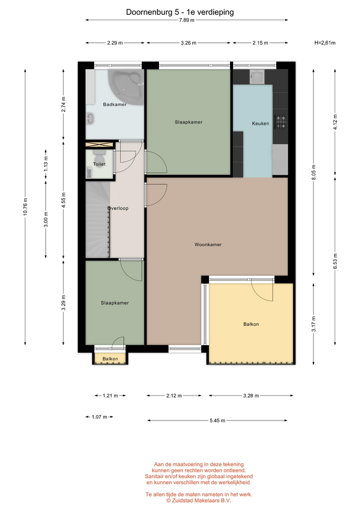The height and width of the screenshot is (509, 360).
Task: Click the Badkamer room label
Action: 115,104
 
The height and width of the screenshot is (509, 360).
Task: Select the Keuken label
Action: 260,124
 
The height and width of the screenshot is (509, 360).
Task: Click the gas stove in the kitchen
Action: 280,122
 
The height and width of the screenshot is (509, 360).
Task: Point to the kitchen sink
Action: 258,77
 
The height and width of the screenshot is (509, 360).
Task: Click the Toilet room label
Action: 99,164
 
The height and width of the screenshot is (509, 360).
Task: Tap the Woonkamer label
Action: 208,244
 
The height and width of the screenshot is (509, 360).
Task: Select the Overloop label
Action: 118,208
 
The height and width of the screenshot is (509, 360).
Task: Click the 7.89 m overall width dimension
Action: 187,20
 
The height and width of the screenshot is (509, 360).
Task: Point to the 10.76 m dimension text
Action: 25,206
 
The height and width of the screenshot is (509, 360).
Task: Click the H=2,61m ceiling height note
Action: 325,42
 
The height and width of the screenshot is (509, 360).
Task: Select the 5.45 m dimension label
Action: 217,420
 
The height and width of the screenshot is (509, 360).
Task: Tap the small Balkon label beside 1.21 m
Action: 110,359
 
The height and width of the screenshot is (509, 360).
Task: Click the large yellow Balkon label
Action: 251,324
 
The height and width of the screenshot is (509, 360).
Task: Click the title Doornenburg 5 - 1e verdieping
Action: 180,12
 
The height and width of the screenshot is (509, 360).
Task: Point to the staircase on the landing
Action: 98,220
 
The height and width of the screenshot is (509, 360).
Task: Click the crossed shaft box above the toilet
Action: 99,145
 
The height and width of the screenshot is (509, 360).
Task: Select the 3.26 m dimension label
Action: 189,43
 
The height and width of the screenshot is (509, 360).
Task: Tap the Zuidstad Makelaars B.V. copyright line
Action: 199,501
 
